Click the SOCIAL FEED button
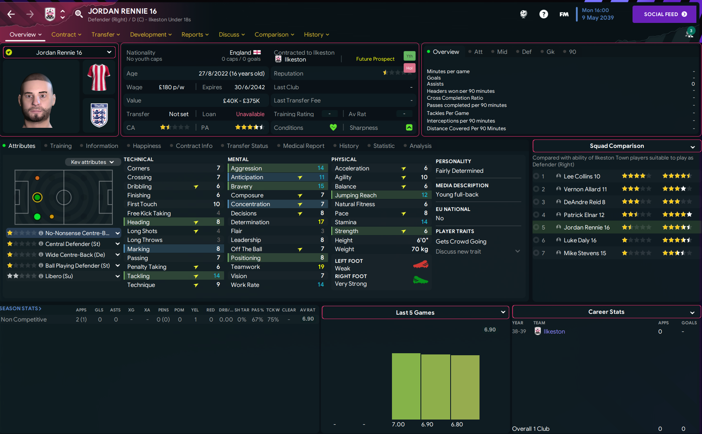[x=665, y=14]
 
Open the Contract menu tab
[x=66, y=35]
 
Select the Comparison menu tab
[x=274, y=35]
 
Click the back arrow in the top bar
[x=11, y=14]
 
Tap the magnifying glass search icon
[x=79, y=14]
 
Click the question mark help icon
[x=543, y=14]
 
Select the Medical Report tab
[x=303, y=146]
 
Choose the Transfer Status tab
[x=247, y=146]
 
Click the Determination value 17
[x=321, y=222]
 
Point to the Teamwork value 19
[x=321, y=267]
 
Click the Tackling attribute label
[x=139, y=276]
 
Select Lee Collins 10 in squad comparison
[x=582, y=176]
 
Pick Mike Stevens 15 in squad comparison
[x=584, y=253]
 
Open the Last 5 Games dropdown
[x=415, y=313]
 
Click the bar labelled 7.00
[x=406, y=386]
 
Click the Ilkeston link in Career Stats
[x=554, y=332]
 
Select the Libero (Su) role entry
[x=59, y=276]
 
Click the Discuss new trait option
[x=458, y=252]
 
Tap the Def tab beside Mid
[x=526, y=52]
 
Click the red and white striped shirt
[x=99, y=77]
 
